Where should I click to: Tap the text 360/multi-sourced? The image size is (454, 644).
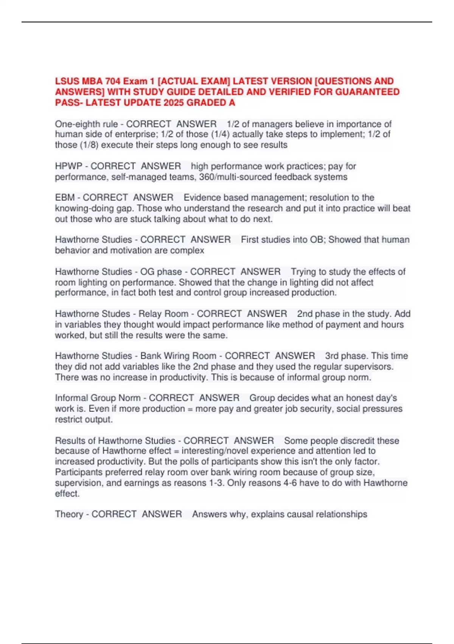(235, 177)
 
